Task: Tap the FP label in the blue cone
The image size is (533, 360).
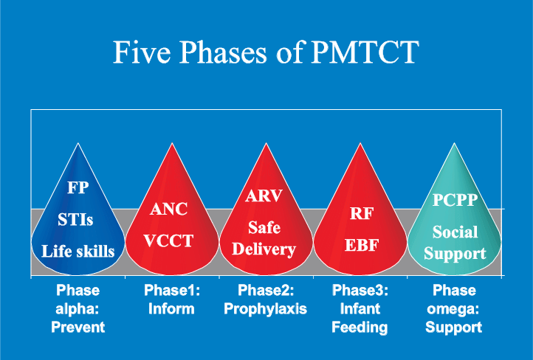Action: (78, 187)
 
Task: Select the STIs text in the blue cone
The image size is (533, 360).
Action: (78, 219)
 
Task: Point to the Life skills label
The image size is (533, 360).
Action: (78, 251)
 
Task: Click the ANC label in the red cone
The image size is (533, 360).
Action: (169, 209)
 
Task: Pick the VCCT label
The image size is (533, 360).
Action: (169, 241)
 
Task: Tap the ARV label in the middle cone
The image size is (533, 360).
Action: (264, 196)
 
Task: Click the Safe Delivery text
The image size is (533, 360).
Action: (264, 238)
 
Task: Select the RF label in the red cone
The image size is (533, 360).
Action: (360, 215)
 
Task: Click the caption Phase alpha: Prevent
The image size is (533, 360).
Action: (78, 308)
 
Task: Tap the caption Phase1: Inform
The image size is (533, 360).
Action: (170, 299)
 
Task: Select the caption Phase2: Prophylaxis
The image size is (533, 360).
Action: (264, 299)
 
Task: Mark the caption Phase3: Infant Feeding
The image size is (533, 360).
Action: (360, 308)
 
